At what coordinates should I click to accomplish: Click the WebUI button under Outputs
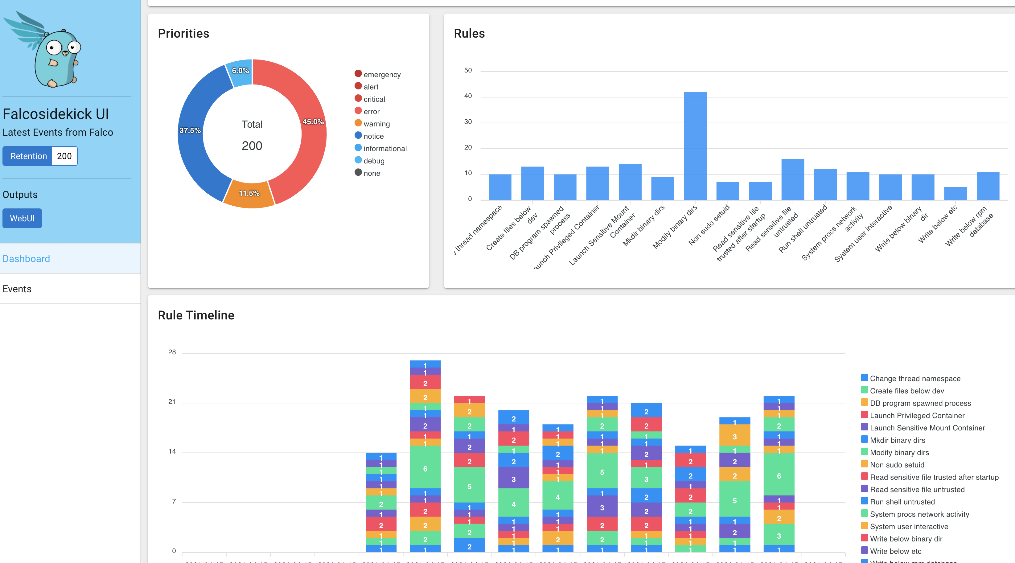click(x=22, y=218)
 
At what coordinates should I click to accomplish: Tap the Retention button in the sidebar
click(x=28, y=156)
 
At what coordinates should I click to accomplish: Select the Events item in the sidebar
click(x=17, y=289)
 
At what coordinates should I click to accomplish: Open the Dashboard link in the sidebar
click(x=27, y=258)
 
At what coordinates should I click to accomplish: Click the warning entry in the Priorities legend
click(x=376, y=124)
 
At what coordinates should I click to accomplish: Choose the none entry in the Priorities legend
click(x=372, y=173)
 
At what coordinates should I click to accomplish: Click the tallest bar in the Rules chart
click(x=695, y=146)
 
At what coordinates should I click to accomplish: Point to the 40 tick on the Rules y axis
click(x=468, y=96)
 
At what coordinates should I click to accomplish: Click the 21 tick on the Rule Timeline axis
click(x=172, y=401)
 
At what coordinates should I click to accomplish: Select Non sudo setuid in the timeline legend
click(x=897, y=465)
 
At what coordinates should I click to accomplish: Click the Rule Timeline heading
click(x=196, y=315)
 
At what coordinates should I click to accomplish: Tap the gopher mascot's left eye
click(x=54, y=48)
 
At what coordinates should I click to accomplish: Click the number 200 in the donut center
click(x=252, y=146)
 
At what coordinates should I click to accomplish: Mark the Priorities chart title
click(x=183, y=34)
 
